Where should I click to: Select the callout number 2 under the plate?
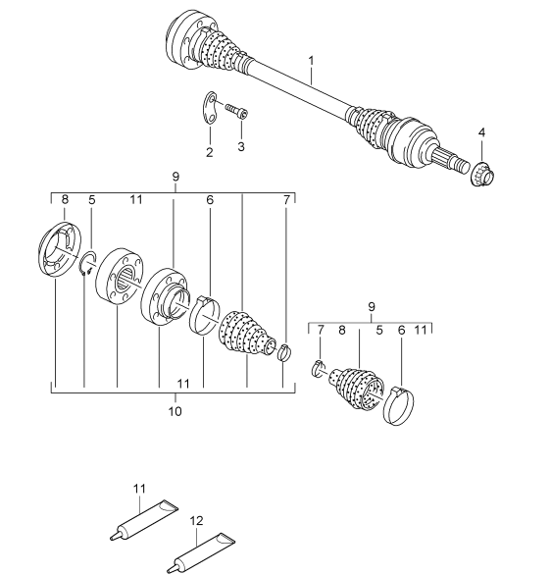tap(209, 152)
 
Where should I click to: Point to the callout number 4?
tap(481, 132)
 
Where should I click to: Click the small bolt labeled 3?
tap(235, 111)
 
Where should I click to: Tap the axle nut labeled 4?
tap(483, 175)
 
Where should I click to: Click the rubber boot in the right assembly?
tap(358, 391)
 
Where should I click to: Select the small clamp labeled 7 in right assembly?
tap(319, 368)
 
